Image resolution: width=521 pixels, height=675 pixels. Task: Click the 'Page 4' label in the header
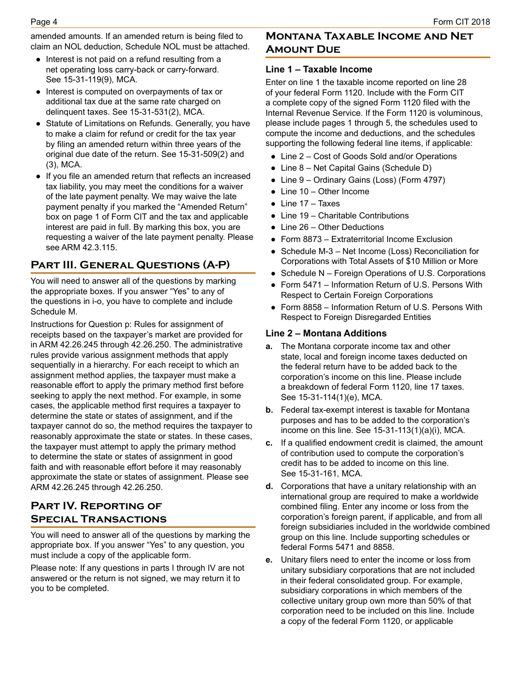tap(44, 22)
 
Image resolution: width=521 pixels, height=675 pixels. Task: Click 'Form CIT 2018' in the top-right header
tap(461, 22)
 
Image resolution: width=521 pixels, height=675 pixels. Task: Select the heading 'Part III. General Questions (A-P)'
tap(130, 265)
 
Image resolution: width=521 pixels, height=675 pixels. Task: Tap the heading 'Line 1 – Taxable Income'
tap(319, 70)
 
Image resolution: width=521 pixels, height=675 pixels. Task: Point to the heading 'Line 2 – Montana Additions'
tap(326, 334)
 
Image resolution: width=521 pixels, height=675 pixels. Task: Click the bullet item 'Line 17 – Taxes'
tap(310, 204)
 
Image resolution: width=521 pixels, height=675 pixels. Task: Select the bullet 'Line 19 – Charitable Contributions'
tap(344, 216)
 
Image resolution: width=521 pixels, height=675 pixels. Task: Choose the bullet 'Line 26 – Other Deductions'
tap(332, 227)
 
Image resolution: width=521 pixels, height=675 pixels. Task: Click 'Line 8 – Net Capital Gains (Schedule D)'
tap(356, 168)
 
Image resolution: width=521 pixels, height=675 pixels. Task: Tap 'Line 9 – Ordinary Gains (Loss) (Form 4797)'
tap(363, 180)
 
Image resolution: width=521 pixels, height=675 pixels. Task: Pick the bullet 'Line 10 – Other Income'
tap(325, 192)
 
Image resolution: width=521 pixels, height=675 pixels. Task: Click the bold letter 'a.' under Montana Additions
tap(269, 346)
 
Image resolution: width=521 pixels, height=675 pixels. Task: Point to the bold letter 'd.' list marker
tap(269, 486)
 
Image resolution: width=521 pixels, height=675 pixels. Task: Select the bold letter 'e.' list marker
tap(269, 560)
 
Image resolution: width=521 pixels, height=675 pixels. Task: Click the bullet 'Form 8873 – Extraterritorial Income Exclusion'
tap(366, 239)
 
